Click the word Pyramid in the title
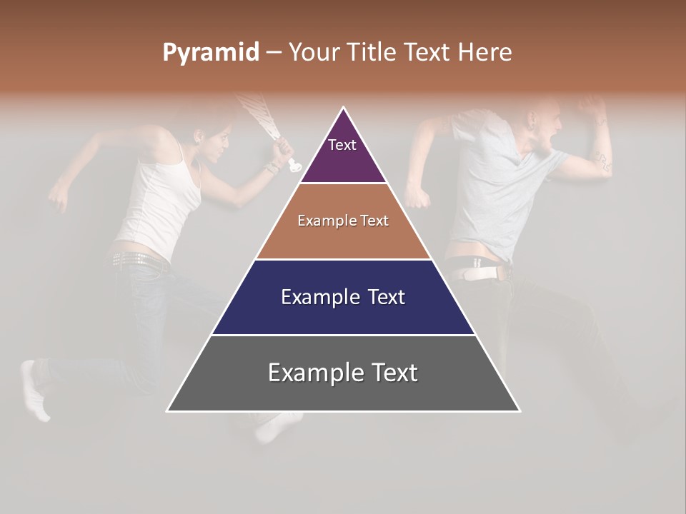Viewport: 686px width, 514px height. coord(210,52)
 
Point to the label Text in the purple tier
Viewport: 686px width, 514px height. coord(342,145)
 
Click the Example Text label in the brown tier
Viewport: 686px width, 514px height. coord(343,221)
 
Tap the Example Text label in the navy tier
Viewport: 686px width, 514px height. coord(343,297)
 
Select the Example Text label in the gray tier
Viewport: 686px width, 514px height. coord(343,373)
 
